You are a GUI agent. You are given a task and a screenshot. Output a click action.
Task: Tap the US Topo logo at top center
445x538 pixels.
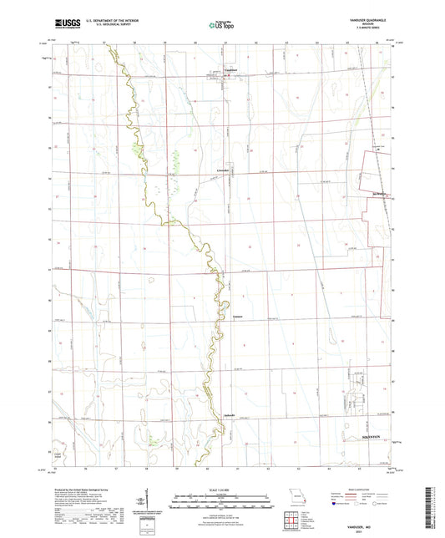[221, 27]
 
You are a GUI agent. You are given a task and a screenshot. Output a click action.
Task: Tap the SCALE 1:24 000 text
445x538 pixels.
[222, 487]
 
